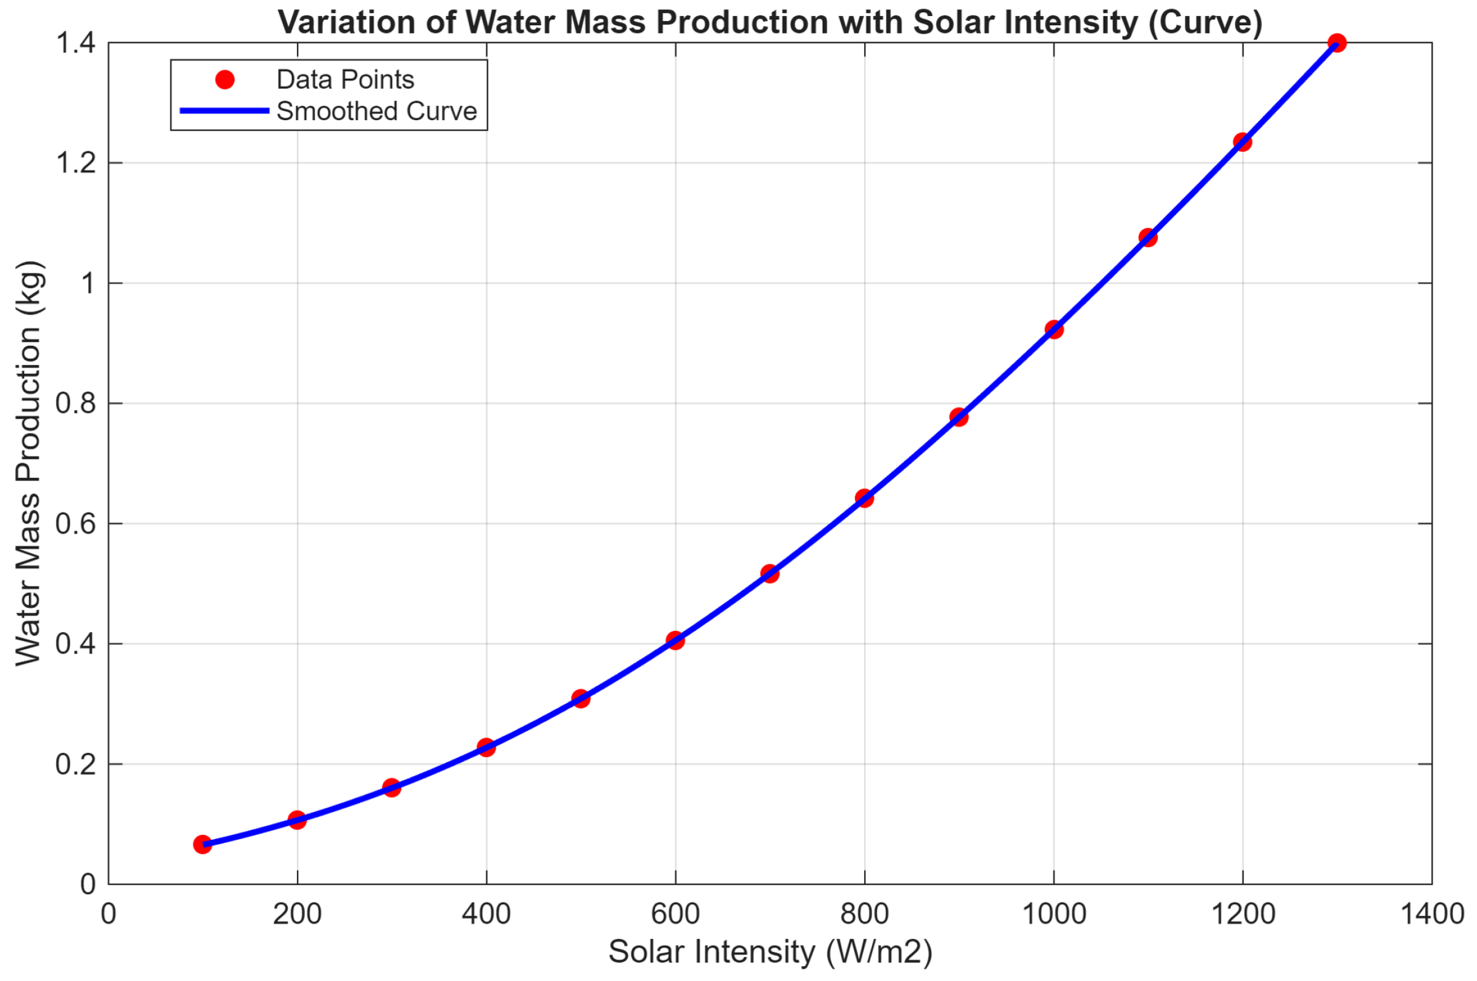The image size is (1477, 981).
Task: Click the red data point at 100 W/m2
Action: (x=202, y=845)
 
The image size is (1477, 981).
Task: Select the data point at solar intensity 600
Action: (x=675, y=640)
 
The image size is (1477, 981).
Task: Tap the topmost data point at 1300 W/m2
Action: (x=1337, y=43)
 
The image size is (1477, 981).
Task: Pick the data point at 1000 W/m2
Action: (x=1054, y=329)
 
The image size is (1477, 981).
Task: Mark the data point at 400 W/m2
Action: (x=486, y=747)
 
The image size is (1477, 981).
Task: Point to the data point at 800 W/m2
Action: (x=864, y=498)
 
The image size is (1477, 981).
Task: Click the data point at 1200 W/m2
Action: (x=1242, y=142)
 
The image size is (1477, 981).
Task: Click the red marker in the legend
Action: (x=225, y=80)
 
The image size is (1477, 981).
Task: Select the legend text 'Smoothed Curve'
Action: (x=377, y=112)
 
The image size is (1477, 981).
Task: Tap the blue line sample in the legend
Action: (x=225, y=111)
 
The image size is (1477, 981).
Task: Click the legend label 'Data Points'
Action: (x=345, y=80)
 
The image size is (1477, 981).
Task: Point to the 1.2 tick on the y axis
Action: (x=76, y=163)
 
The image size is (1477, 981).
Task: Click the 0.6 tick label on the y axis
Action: (x=76, y=523)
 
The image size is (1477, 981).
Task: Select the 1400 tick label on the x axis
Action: (x=1431, y=914)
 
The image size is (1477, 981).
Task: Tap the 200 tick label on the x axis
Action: (x=297, y=914)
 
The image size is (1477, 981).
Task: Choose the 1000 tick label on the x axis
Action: (x=1054, y=914)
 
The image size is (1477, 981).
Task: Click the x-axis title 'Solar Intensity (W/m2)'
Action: (x=770, y=951)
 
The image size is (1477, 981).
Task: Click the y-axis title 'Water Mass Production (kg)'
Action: (x=28, y=463)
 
